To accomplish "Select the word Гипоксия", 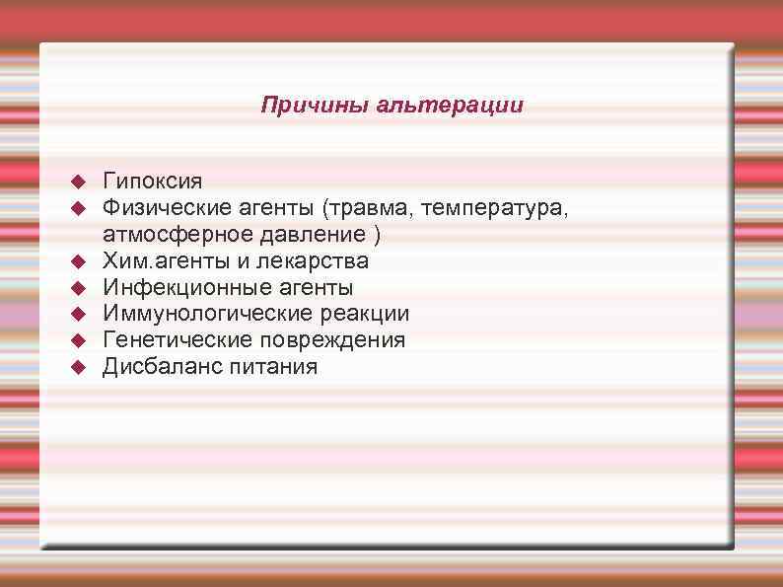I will [153, 182].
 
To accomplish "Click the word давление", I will [310, 235].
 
